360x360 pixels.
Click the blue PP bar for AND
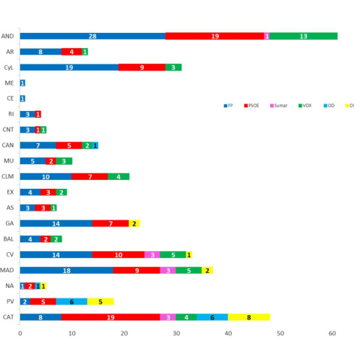point(92,36)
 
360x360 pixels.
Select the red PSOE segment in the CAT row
point(111,317)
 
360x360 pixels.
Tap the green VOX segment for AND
point(304,36)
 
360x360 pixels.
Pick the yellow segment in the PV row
point(100,301)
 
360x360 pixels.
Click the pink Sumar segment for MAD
point(168,270)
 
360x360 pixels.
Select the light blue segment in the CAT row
point(212,317)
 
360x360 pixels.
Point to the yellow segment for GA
point(134,223)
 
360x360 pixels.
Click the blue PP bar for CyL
point(69,67)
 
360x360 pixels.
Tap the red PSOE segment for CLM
point(90,176)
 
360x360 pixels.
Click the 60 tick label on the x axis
point(332,333)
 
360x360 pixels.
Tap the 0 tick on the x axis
point(20,333)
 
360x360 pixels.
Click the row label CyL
point(9,67)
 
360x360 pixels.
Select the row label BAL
point(9,239)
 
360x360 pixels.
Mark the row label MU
point(9,161)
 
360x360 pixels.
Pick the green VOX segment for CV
point(173,255)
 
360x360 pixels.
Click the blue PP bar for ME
point(22,82)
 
